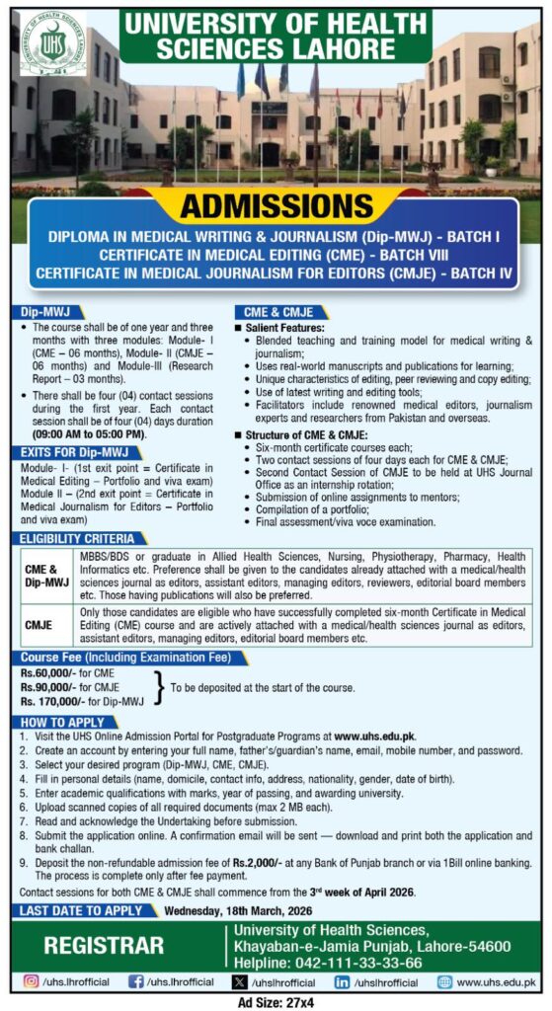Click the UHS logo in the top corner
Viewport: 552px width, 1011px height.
[52, 44]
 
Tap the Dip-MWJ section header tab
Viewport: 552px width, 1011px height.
[43, 310]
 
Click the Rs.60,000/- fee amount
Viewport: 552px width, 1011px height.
[49, 670]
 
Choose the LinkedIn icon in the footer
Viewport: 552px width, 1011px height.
[344, 982]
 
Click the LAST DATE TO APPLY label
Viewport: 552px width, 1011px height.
[80, 910]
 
